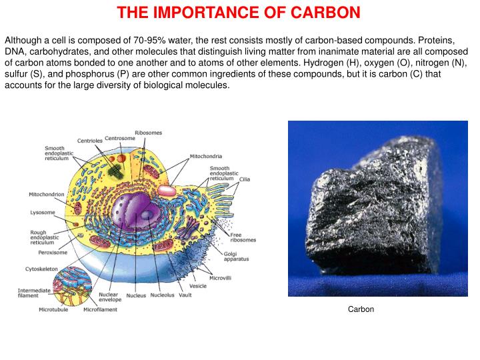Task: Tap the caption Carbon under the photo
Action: pos(361,309)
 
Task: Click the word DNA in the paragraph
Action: pos(15,51)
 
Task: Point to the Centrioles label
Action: pos(89,141)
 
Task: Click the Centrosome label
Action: pos(120,138)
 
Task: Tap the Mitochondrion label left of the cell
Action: pos(47,195)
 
